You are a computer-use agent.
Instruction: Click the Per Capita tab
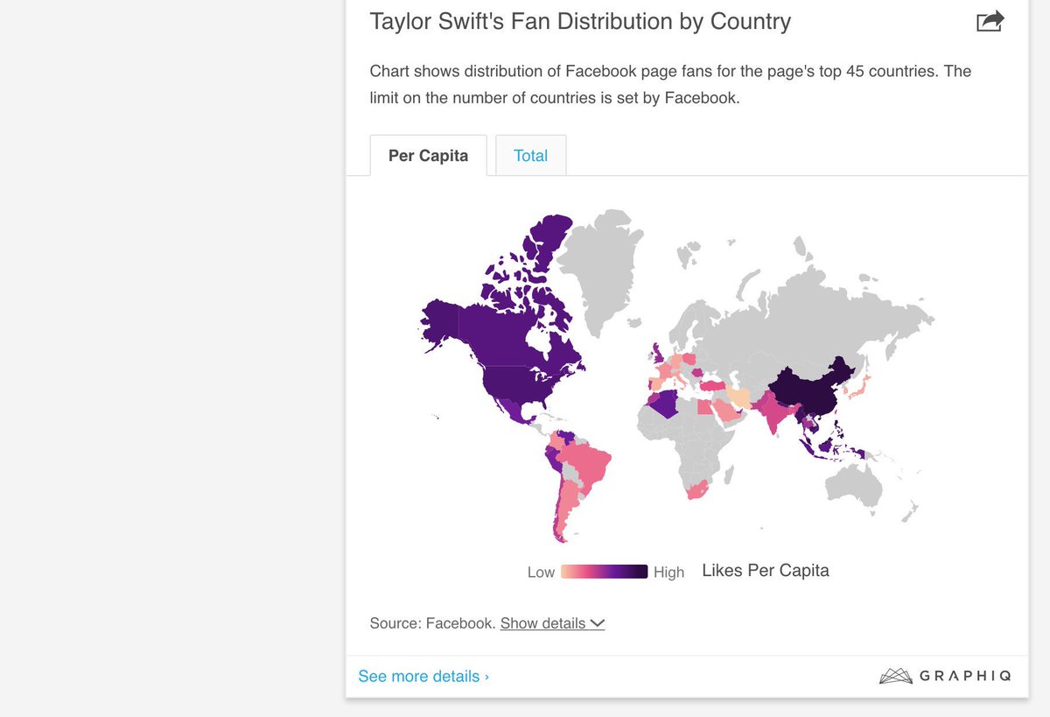coord(428,156)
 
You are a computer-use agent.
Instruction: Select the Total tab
coord(530,156)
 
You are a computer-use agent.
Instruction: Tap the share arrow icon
coord(990,21)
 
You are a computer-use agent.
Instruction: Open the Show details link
coord(552,623)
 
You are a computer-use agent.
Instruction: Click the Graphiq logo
coord(945,676)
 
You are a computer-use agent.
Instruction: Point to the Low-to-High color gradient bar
coord(604,572)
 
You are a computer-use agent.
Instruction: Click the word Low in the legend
coord(541,573)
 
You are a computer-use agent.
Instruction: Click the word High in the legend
coord(668,573)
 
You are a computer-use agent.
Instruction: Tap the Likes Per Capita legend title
coord(765,571)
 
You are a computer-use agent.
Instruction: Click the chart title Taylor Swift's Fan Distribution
coord(579,21)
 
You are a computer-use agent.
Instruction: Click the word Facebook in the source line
coord(460,623)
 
